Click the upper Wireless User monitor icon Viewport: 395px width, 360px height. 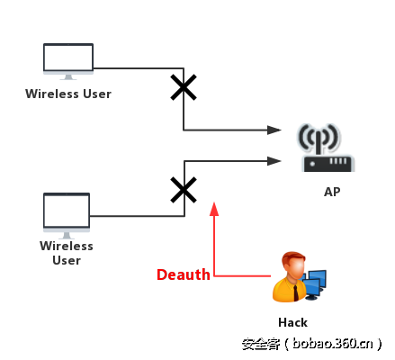(x=68, y=60)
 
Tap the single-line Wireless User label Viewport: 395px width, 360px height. (x=68, y=94)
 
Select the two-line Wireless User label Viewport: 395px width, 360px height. (x=67, y=253)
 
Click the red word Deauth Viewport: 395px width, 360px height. (x=183, y=274)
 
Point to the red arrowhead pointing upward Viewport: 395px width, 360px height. (x=214, y=208)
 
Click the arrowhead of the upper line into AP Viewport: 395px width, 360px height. (x=274, y=130)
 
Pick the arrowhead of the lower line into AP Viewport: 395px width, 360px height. (x=274, y=162)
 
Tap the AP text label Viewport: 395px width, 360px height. (x=332, y=192)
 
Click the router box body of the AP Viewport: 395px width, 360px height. (x=328, y=164)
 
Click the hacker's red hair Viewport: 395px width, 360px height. (x=292, y=259)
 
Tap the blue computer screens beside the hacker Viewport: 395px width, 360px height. (x=313, y=283)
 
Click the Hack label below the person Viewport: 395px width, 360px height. (x=292, y=322)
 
